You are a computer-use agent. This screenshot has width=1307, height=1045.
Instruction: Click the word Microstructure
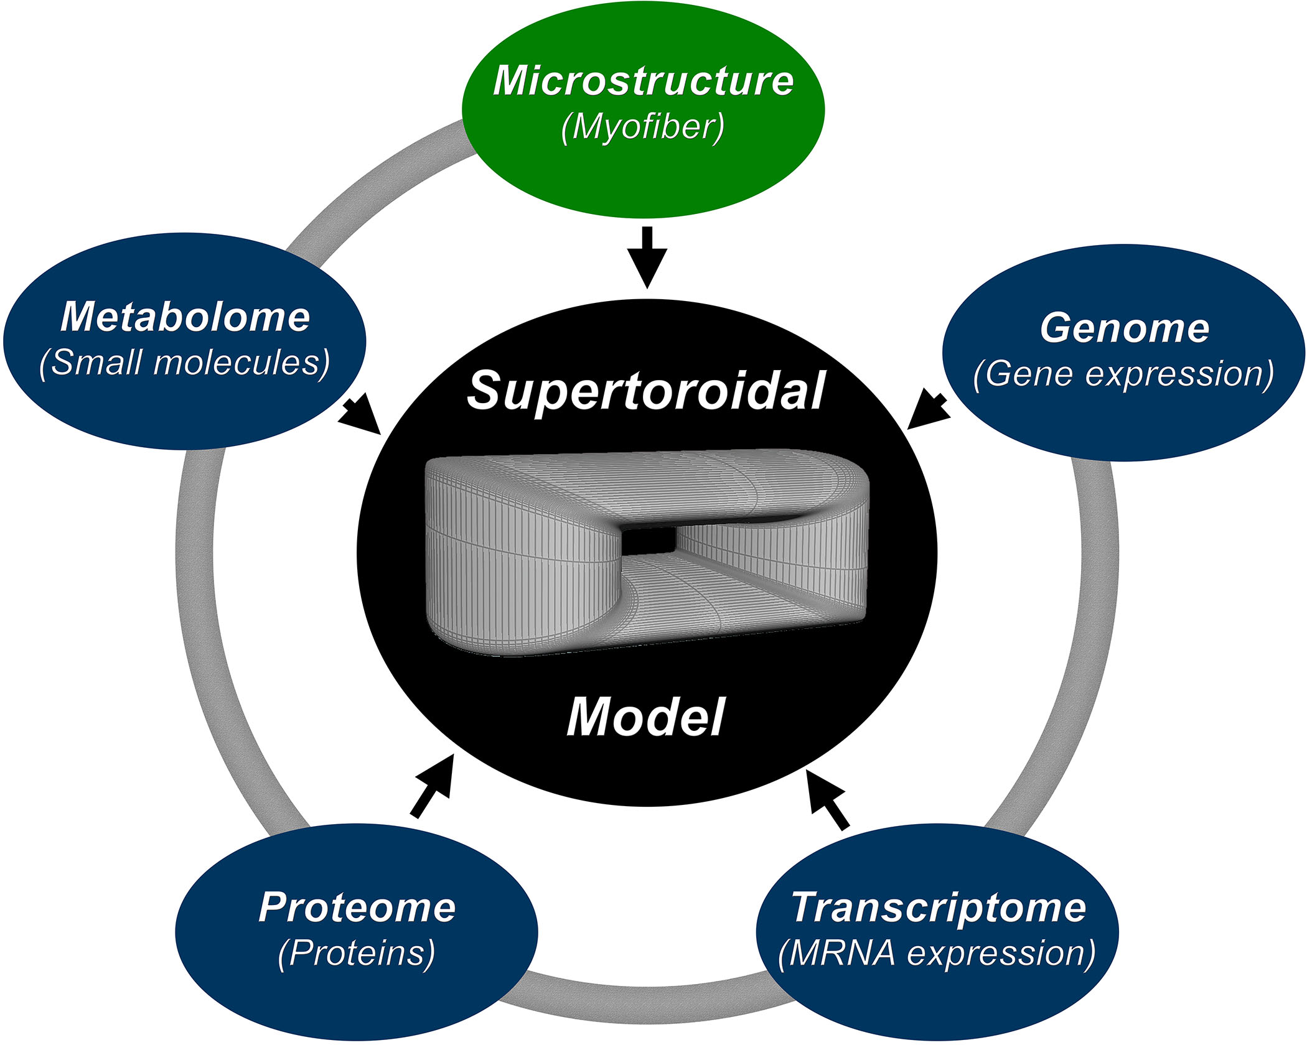[643, 81]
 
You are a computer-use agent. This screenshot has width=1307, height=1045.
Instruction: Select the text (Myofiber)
[643, 128]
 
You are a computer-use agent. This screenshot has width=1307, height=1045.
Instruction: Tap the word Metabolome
[185, 317]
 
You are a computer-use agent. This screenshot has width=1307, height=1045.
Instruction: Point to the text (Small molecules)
[184, 363]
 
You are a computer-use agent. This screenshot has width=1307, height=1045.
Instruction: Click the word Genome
[1124, 328]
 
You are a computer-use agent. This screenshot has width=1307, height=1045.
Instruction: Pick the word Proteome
[357, 908]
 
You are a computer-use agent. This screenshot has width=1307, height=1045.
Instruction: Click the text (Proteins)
[357, 954]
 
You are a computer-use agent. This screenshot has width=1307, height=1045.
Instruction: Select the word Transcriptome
[938, 908]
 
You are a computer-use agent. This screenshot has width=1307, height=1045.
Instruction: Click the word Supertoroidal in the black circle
[646, 391]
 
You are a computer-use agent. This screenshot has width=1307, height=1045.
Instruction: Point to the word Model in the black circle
[646, 717]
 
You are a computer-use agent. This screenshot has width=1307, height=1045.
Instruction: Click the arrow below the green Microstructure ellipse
[647, 258]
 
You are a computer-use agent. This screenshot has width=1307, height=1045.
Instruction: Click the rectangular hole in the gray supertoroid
[649, 539]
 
